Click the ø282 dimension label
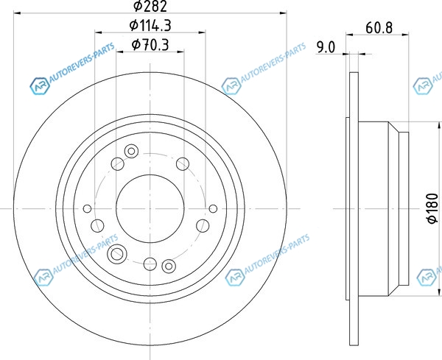pyautogui.click(x=150, y=6)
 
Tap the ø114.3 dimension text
pyautogui.click(x=150, y=26)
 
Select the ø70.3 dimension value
pyautogui.click(x=150, y=45)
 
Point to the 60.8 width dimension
pyautogui.click(x=379, y=28)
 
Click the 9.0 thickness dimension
pyautogui.click(x=326, y=47)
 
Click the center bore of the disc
pyautogui.click(x=150, y=208)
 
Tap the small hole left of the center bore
pyautogui.click(x=88, y=209)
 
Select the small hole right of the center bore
pyautogui.click(x=213, y=209)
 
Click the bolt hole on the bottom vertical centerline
pyautogui.click(x=150, y=264)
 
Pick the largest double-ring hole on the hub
pyautogui.click(x=117, y=254)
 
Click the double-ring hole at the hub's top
pyautogui.click(x=131, y=151)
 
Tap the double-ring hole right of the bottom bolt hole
pyautogui.click(x=169, y=266)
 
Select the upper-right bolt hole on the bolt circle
pyautogui.click(x=183, y=164)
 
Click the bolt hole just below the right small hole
pyautogui.click(x=203, y=226)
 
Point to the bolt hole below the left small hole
pyautogui.click(x=97, y=226)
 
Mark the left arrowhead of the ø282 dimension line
pyautogui.click(x=17, y=13)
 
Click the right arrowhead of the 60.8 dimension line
pyautogui.click(x=405, y=35)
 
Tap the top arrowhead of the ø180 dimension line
pyautogui.click(x=439, y=125)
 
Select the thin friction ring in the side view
pyautogui.click(x=354, y=209)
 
